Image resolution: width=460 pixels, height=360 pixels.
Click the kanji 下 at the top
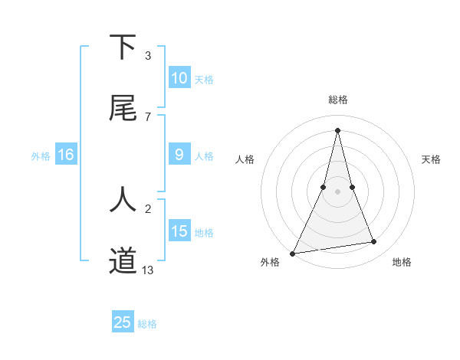(x=123, y=47)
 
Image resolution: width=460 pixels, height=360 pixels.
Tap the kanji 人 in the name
(x=123, y=199)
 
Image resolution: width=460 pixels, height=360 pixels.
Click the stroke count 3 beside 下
(x=148, y=56)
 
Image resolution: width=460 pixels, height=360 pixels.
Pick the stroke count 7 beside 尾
(x=148, y=116)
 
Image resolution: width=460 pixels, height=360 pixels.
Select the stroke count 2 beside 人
(x=148, y=208)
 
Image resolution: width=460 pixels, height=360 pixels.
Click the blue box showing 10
(x=179, y=78)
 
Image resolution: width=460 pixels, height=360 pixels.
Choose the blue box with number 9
(x=179, y=155)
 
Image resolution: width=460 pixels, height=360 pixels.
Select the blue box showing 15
(x=179, y=231)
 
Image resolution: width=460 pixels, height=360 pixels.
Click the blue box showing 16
(x=66, y=155)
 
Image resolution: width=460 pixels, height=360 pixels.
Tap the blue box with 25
(x=123, y=322)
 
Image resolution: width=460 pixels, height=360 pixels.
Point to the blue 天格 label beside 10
(x=204, y=79)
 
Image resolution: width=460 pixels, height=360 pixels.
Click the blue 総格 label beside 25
(x=147, y=323)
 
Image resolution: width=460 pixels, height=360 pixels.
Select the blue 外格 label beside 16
(x=41, y=155)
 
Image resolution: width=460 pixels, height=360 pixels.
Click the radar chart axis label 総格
(x=338, y=100)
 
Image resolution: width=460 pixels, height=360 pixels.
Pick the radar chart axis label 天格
(x=432, y=159)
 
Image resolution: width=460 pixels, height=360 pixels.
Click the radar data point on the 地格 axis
(x=374, y=242)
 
